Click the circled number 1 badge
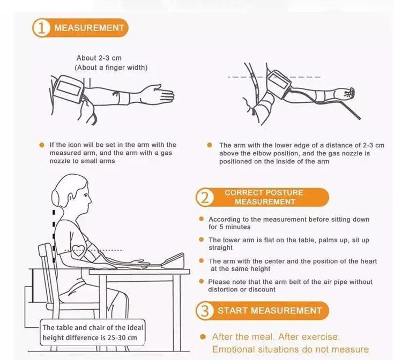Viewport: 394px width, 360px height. (41, 28)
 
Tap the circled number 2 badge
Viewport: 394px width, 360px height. (205, 198)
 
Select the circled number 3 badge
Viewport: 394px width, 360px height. (205, 311)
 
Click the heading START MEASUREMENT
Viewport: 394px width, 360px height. (270, 311)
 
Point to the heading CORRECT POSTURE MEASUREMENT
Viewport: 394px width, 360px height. (264, 197)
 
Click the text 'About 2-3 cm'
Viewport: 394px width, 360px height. (99, 58)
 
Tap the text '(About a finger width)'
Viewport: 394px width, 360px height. (111, 67)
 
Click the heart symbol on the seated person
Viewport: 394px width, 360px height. (78, 250)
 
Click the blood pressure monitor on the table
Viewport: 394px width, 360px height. (173, 261)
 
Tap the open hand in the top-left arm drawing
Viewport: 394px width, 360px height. (158, 94)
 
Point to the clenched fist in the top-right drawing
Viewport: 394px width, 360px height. (347, 93)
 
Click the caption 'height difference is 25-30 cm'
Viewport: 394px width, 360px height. (90, 337)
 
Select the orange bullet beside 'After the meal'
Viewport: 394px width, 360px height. (203, 336)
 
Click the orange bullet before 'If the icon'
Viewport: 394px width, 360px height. (42, 145)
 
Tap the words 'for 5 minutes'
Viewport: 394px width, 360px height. (229, 227)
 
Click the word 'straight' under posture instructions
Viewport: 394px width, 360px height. (220, 248)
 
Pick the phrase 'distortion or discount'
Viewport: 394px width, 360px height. (242, 289)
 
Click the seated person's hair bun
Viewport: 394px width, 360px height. (55, 197)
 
